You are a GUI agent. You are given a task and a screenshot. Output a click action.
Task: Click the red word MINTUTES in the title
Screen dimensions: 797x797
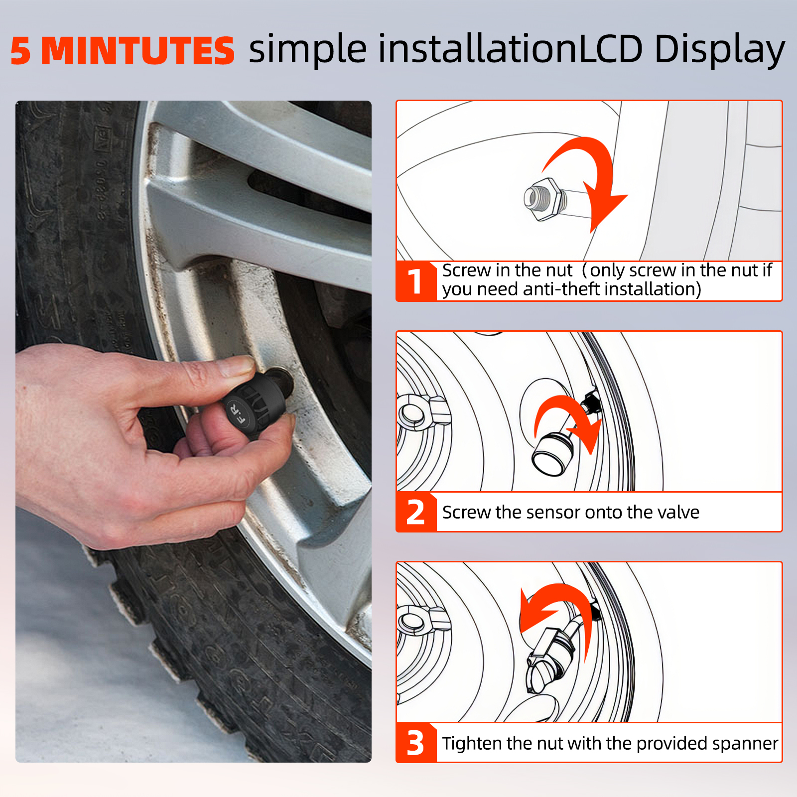click(x=137, y=51)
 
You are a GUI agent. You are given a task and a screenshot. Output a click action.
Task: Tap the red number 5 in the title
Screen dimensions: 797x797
click(x=21, y=51)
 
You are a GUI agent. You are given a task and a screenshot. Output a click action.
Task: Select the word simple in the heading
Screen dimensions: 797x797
click(x=308, y=50)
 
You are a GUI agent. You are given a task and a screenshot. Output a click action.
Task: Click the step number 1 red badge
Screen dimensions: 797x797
click(x=416, y=281)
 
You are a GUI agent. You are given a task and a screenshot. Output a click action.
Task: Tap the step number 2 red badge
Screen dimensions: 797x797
click(x=416, y=512)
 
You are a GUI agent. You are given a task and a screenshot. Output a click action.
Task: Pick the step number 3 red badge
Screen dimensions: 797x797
click(x=416, y=743)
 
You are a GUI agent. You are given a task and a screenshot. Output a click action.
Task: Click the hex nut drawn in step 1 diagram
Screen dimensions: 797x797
click(x=546, y=199)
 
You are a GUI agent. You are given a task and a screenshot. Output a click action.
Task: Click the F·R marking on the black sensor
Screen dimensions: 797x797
click(x=237, y=414)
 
